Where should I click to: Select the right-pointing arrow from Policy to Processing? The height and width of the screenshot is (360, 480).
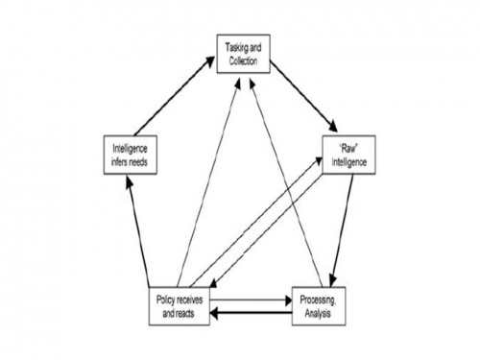249,299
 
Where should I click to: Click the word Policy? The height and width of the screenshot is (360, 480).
166,299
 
